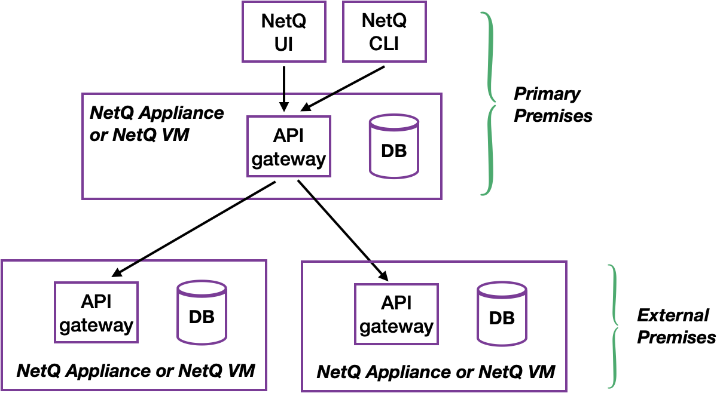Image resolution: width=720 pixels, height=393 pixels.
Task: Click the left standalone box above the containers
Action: click(x=284, y=32)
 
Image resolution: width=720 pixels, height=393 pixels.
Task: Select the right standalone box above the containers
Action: click(x=385, y=32)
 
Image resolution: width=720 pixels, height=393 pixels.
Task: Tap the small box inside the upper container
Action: click(x=289, y=146)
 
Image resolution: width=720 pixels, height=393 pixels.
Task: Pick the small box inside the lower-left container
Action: click(x=96, y=312)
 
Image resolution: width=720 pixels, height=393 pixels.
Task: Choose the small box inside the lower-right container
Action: click(x=396, y=314)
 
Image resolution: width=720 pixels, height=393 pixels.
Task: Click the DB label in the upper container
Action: click(x=393, y=151)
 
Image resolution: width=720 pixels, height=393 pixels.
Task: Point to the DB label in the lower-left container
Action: click(x=202, y=317)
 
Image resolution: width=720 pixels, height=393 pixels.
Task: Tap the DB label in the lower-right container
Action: click(x=502, y=318)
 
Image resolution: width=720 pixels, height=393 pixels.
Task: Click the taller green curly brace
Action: click(x=490, y=104)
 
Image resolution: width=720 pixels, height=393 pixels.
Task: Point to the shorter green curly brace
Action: click(x=614, y=326)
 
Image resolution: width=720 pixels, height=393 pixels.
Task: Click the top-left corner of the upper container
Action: click(x=83, y=94)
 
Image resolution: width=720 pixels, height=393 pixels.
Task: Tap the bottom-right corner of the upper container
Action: click(x=441, y=198)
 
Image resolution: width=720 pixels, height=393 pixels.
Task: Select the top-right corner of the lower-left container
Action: click(x=266, y=260)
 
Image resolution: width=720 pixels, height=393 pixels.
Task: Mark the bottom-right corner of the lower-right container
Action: click(x=566, y=391)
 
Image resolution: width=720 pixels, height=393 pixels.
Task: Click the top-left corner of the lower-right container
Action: click(x=302, y=262)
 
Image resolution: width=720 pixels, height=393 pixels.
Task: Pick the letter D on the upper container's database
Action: click(x=387, y=151)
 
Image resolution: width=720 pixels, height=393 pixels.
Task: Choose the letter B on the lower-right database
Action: click(x=509, y=318)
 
